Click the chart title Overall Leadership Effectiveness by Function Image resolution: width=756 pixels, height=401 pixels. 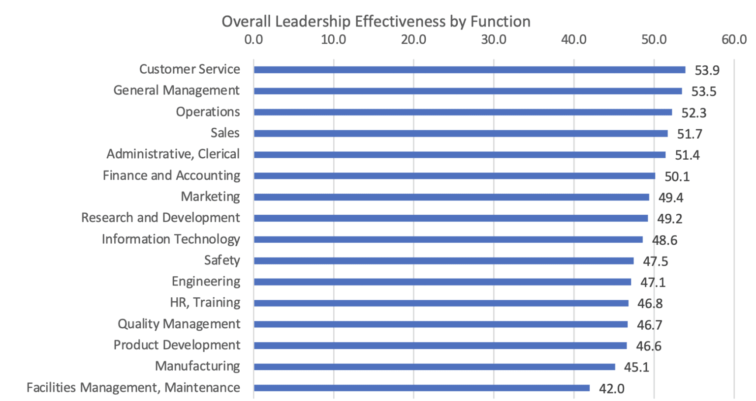376,21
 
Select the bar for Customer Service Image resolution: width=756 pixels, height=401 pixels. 469,70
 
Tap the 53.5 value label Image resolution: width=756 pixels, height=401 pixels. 703,91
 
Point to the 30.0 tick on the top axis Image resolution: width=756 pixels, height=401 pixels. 493,39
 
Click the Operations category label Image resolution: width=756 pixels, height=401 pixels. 208,112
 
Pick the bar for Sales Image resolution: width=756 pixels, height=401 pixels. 460,133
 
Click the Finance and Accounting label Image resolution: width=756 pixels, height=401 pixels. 171,175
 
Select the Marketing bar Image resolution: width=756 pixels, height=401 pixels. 451,197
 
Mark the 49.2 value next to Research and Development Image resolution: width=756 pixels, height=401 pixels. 669,219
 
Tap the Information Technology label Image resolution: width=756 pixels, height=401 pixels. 171,239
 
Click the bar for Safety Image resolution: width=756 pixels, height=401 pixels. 443,260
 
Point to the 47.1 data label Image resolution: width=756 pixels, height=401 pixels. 653,282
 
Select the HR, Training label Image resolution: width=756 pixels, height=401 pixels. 205,302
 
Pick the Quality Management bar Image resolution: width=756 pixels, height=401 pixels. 440,324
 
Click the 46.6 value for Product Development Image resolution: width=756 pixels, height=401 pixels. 648,346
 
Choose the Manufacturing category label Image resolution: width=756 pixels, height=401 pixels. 197,366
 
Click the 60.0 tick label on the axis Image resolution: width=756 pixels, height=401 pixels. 733,39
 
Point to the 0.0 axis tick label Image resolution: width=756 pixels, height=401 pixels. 253,39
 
